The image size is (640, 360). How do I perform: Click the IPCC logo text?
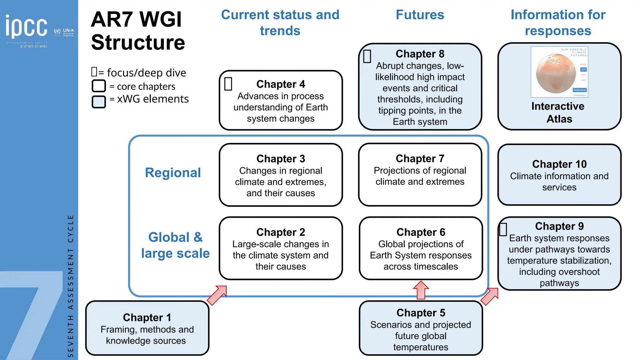[26, 26]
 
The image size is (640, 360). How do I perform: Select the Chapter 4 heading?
[280, 84]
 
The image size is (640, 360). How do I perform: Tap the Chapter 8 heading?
[420, 54]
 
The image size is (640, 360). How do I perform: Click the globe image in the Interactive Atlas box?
[556, 74]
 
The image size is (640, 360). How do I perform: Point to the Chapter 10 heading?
[559, 164]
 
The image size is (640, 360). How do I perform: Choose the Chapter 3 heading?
[280, 159]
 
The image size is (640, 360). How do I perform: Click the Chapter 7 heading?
[420, 158]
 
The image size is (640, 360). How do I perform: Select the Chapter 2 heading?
[280, 232]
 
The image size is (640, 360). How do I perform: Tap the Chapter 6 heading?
[421, 232]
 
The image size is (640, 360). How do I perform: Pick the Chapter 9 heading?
[559, 226]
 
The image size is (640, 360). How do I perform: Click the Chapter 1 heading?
[147, 317]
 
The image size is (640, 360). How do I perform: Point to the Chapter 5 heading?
[421, 313]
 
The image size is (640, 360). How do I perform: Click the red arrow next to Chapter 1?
[217, 295]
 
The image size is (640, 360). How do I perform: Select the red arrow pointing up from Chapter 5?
[421, 290]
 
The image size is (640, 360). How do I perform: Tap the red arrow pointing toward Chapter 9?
[490, 296]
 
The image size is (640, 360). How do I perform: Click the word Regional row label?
[173, 173]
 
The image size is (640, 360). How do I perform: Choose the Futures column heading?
[420, 15]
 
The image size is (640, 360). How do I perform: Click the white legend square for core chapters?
[99, 86]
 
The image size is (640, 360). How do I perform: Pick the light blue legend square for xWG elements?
[99, 102]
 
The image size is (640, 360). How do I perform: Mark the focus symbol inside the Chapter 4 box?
[228, 84]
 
